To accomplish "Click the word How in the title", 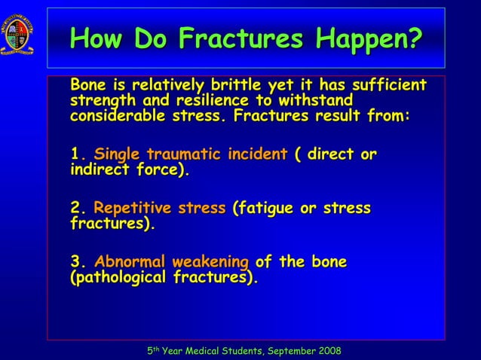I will [x=97, y=37].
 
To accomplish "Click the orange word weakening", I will [x=210, y=262].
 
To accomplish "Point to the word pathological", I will [x=115, y=278].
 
